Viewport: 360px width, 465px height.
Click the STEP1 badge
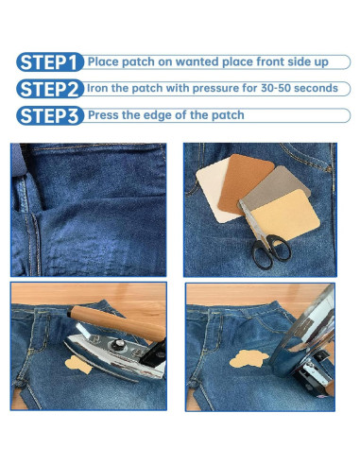pyautogui.click(x=50, y=62)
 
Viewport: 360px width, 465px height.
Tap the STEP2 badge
pyautogui.click(x=50, y=89)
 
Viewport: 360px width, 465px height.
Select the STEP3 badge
pyautogui.click(x=50, y=115)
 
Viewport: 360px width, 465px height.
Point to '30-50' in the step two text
pyautogui.click(x=276, y=88)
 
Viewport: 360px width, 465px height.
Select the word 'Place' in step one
pyautogui.click(x=103, y=61)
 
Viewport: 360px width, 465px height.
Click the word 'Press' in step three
pyautogui.click(x=103, y=115)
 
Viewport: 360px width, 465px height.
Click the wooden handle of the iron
pyautogui.click(x=118, y=322)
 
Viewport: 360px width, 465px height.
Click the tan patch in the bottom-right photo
pyautogui.click(x=249, y=359)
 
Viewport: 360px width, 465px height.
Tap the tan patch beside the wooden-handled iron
pyautogui.click(x=77, y=365)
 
